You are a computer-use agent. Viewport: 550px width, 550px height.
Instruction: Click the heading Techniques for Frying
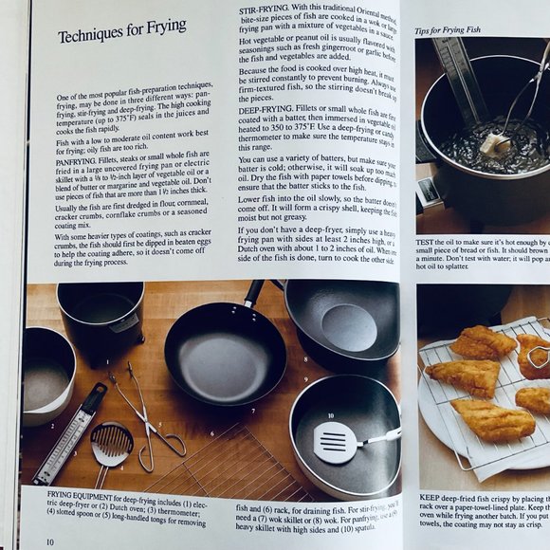[121, 36]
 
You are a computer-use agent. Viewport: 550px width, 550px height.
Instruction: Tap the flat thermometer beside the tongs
[70, 431]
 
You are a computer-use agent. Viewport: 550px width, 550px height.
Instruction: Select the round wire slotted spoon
[112, 444]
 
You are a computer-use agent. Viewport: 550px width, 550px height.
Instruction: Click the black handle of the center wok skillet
[255, 293]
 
